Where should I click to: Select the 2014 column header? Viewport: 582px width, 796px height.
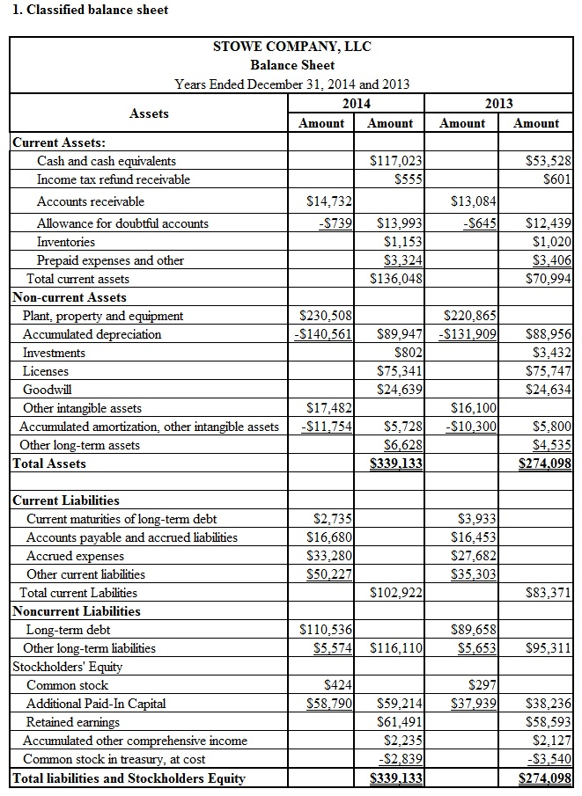[356, 104]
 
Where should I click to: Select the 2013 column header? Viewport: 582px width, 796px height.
[498, 104]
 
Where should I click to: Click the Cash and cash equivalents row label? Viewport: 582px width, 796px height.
[106, 161]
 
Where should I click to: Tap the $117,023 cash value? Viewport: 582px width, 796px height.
[398, 161]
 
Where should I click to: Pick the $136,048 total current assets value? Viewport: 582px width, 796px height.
[399, 279]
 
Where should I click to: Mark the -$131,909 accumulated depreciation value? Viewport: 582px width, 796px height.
[468, 334]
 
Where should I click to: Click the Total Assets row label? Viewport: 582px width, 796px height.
[49, 464]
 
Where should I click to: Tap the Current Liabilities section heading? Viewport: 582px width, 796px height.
[66, 500]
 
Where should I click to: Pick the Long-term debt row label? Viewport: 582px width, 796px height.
[69, 630]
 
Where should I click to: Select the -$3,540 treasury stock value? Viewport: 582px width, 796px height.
[548, 759]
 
